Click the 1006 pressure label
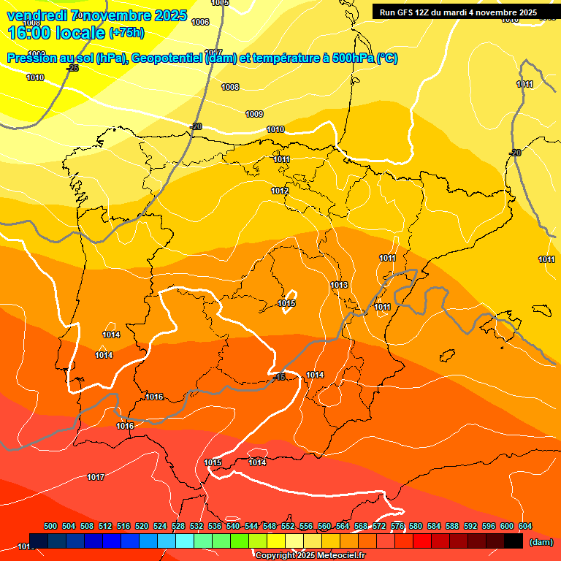(200, 22)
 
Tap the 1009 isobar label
(254, 114)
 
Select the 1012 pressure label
(280, 191)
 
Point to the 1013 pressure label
(339, 285)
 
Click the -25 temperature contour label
(72, 68)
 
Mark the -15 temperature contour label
(280, 378)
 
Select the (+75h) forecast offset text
(126, 33)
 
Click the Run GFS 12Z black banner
(458, 12)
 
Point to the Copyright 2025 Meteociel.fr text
(310, 555)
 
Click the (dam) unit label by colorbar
(541, 542)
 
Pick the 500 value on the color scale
(50, 526)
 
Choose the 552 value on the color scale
(288, 526)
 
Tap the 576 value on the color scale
(397, 526)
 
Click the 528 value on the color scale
(178, 526)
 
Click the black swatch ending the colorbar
(514, 541)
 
